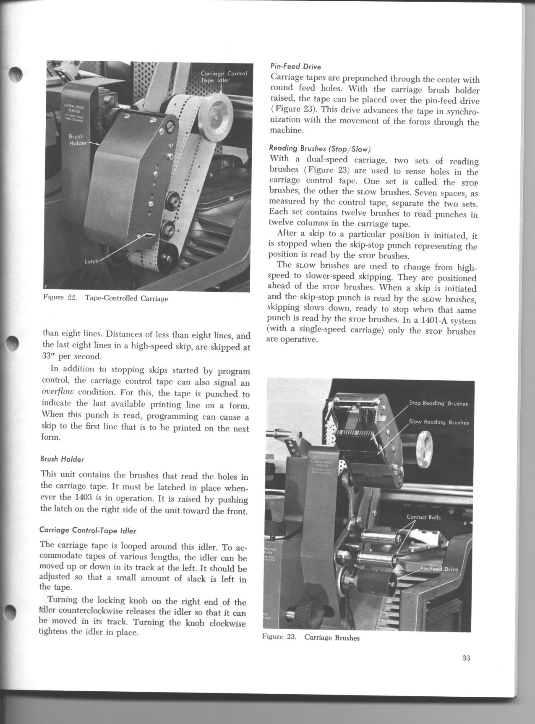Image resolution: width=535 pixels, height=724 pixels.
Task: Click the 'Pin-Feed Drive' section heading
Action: coord(295,67)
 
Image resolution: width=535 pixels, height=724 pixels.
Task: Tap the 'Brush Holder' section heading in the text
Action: coord(62,459)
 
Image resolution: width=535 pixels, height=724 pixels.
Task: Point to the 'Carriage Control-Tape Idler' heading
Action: coord(88,531)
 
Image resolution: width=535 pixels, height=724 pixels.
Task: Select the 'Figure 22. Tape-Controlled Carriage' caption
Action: coord(106,298)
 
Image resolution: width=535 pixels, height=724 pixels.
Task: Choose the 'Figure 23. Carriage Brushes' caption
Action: coord(311,638)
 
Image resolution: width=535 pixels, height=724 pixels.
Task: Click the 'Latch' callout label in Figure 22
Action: coord(91,261)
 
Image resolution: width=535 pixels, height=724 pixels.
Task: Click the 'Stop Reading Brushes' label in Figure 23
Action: coord(438,403)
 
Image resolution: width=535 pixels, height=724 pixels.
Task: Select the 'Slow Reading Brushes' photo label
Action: coord(438,422)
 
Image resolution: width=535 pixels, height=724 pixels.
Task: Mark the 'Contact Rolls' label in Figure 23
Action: coord(423,517)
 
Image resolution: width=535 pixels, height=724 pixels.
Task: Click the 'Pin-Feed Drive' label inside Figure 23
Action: coord(439,569)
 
